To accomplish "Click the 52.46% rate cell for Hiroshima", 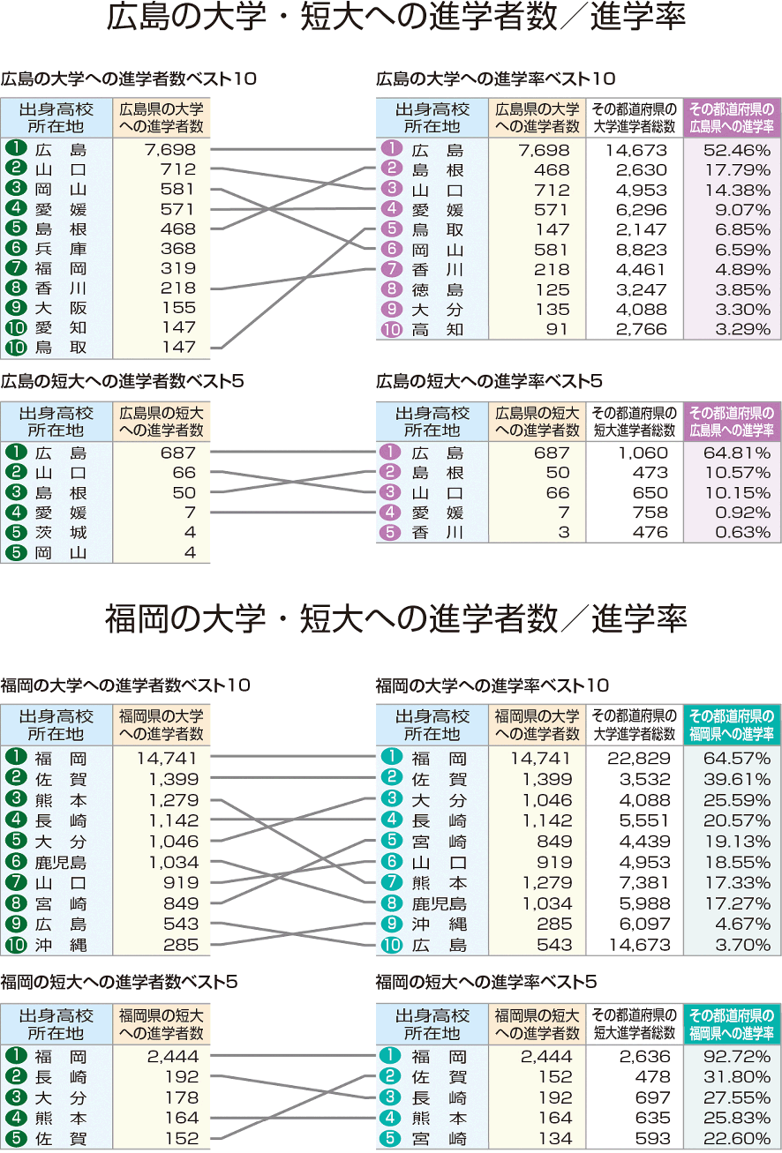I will pyautogui.click(x=736, y=150).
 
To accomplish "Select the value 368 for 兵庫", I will pyautogui.click(x=178, y=249).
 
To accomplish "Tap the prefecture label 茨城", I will pyautogui.click(x=61, y=533).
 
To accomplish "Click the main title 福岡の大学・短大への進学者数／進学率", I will pyautogui.click(x=395, y=618).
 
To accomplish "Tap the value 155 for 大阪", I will pyautogui.click(x=178, y=308).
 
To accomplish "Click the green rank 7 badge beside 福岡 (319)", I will pyautogui.click(x=16, y=268).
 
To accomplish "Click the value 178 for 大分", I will pyautogui.click(x=182, y=1097).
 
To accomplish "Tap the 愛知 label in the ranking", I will pyautogui.click(x=61, y=328).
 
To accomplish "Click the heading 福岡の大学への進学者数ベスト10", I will pyautogui.click(x=125, y=685).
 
